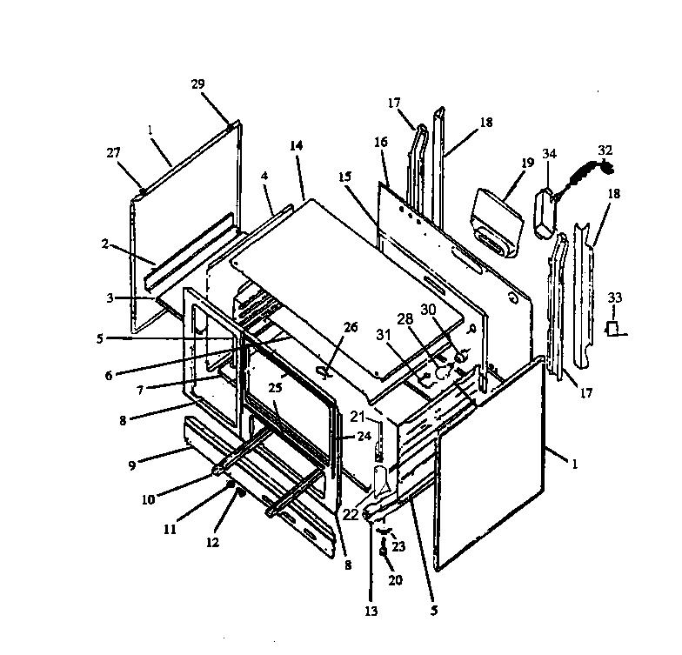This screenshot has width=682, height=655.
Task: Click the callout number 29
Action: tap(197, 84)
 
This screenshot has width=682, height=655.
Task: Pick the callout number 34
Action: tap(549, 154)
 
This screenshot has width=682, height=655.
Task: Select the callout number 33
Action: tap(616, 297)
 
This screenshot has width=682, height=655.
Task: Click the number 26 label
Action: tap(351, 327)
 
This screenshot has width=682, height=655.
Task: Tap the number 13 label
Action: tap(371, 612)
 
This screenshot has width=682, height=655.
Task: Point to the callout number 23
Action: tap(399, 547)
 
